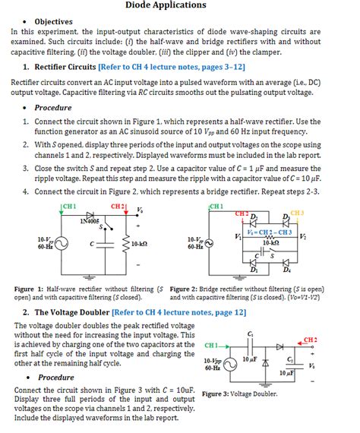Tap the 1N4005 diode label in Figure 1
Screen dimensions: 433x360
pos(90,221)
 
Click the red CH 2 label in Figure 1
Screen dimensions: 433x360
pos(119,206)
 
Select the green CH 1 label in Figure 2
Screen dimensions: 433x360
pos(215,206)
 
